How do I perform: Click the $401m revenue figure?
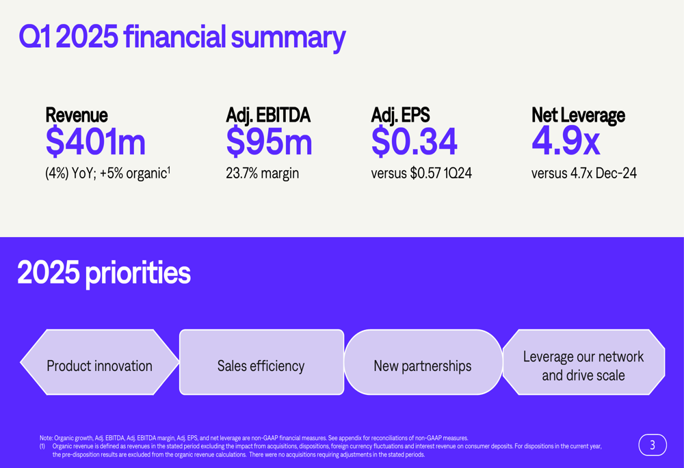click(95, 142)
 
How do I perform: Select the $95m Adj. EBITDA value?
click(269, 142)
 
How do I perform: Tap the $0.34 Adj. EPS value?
click(414, 142)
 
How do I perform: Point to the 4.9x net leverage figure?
click(566, 142)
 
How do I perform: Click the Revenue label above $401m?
click(76, 115)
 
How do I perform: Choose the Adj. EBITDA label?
click(268, 115)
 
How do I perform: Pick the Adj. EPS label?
click(400, 115)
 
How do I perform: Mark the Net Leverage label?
click(578, 115)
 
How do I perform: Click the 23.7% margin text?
click(262, 174)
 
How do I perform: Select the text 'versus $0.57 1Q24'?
click(421, 174)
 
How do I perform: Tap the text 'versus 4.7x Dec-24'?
click(583, 174)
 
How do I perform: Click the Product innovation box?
click(100, 366)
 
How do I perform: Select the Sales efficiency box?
click(261, 366)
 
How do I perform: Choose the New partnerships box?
click(423, 366)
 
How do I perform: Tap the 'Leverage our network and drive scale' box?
click(583, 366)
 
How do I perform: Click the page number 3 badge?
click(653, 445)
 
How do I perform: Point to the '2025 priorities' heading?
click(104, 273)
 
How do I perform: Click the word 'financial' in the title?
click(174, 37)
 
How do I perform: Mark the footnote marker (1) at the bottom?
click(42, 446)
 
